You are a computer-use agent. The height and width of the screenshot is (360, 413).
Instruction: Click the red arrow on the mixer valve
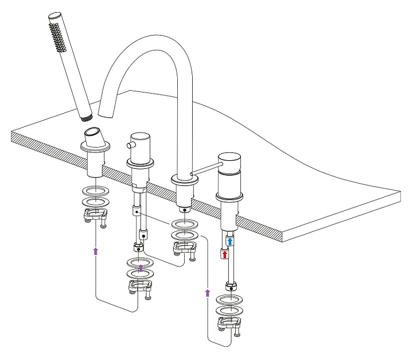(x=225, y=254)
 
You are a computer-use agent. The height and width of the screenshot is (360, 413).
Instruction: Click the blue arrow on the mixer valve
(x=229, y=242)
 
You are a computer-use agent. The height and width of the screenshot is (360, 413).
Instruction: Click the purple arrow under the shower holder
(x=96, y=250)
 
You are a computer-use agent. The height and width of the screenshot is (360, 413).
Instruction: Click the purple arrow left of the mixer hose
(x=207, y=293)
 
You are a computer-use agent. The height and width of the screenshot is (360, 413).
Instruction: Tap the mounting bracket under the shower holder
(x=97, y=216)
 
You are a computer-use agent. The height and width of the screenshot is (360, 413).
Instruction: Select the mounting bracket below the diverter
(x=141, y=288)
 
